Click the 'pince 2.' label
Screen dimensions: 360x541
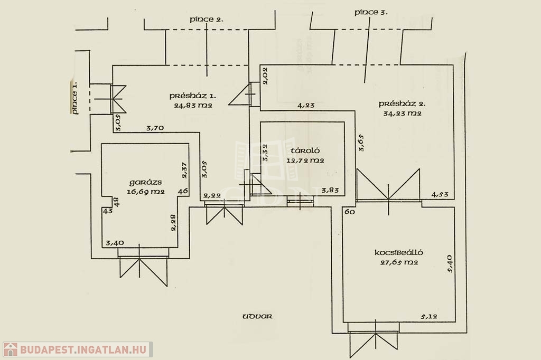pyautogui.click(x=207, y=20)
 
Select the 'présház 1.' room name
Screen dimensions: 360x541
pyautogui.click(x=193, y=96)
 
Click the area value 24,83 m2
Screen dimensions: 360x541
pyautogui.click(x=193, y=105)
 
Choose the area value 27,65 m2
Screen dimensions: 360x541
pyautogui.click(x=399, y=262)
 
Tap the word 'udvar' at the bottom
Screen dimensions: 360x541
pyautogui.click(x=257, y=317)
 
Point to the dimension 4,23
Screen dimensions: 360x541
pyautogui.click(x=306, y=106)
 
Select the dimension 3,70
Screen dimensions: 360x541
pyautogui.click(x=155, y=128)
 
